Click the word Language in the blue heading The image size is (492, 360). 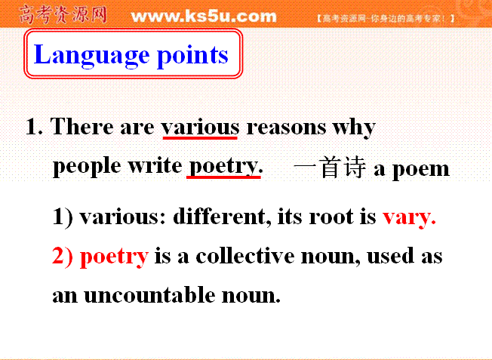[x=91, y=55]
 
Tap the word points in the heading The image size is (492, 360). [x=192, y=56]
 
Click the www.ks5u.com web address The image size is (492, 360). [x=204, y=16]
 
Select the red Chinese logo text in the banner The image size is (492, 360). [x=63, y=14]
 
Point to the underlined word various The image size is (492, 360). [x=200, y=128]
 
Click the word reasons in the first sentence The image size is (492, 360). [x=286, y=128]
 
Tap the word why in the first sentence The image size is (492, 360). [x=354, y=128]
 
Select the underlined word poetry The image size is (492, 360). [x=225, y=166]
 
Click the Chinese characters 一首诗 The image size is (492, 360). [x=330, y=168]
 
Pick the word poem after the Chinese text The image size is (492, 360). [x=421, y=170]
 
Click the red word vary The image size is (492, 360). [x=409, y=217]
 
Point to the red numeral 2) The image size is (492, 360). [x=63, y=256]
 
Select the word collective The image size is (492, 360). [x=244, y=256]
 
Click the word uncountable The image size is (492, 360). [x=149, y=294]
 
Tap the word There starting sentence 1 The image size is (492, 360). [x=82, y=127]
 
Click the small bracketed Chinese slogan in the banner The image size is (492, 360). [x=386, y=19]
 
